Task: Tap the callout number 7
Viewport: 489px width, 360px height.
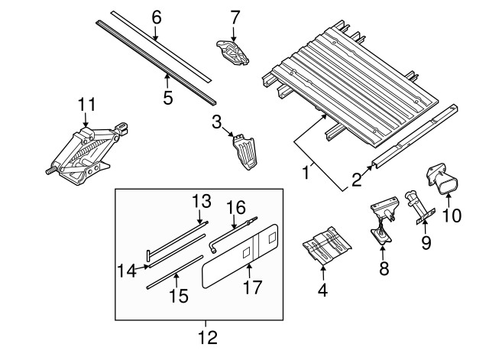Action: [235, 16]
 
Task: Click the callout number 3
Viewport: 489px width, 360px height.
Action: [217, 122]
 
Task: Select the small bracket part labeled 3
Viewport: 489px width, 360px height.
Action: [244, 151]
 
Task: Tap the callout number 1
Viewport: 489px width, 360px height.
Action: [306, 173]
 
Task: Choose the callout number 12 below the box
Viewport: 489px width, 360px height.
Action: [207, 336]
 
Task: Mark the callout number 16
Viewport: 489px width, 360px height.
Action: [237, 207]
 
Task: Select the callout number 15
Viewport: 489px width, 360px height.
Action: [178, 295]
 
